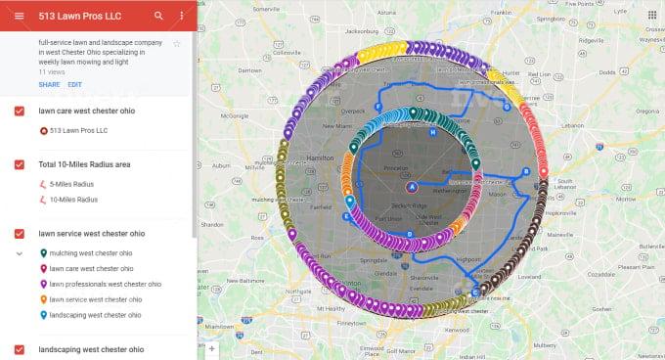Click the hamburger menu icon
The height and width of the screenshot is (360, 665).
(x=19, y=17)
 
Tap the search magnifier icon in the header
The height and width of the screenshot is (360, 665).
(x=159, y=17)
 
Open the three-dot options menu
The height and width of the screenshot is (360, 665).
(x=182, y=17)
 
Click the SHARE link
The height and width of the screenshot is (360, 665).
(x=49, y=85)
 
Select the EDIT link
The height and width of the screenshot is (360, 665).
(x=74, y=85)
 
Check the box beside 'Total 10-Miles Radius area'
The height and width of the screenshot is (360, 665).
(x=20, y=164)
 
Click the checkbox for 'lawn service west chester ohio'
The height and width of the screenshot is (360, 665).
(x=20, y=234)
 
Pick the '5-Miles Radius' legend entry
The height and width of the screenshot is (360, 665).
(x=73, y=184)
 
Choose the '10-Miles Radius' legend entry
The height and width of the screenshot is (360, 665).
(x=74, y=200)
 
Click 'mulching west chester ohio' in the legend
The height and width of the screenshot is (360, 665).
(x=91, y=253)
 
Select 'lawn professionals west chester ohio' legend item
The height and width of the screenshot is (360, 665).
(x=105, y=284)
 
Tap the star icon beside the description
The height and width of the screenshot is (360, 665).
(x=177, y=44)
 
